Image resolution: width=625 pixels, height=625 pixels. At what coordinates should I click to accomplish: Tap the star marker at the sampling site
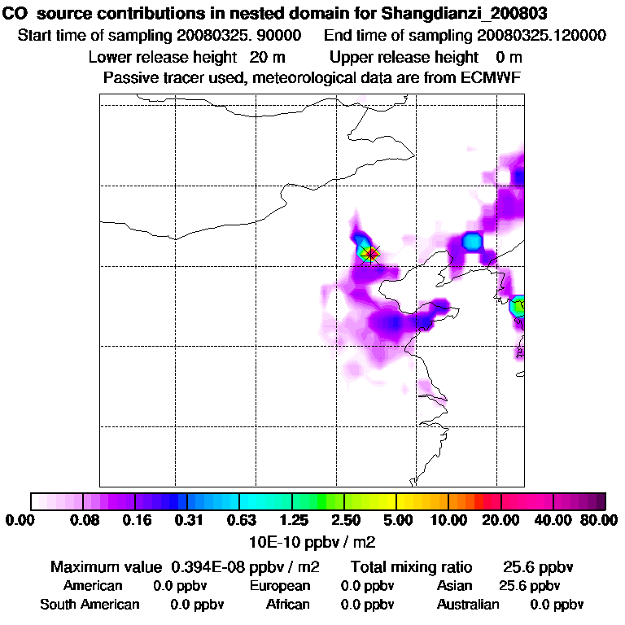coord(371,255)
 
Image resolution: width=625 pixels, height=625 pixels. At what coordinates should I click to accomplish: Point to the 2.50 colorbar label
coord(345,520)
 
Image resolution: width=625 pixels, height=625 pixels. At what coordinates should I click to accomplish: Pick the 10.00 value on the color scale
coord(448,520)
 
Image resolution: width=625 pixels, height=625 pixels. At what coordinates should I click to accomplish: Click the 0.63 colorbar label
coord(242,520)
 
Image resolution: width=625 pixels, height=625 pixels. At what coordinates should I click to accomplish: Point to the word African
coord(288,605)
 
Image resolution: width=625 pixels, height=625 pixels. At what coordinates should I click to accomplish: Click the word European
coord(280,586)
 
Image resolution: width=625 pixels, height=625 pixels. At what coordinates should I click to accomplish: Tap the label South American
coord(90,605)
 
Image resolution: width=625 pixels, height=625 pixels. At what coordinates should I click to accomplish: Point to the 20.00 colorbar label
coord(500,520)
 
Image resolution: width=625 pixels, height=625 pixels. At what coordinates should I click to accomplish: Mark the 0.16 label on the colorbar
coord(137,520)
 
